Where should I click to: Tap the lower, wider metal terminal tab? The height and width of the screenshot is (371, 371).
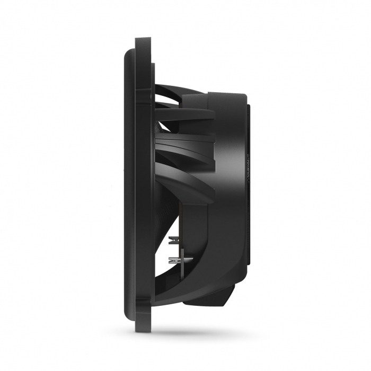173,260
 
